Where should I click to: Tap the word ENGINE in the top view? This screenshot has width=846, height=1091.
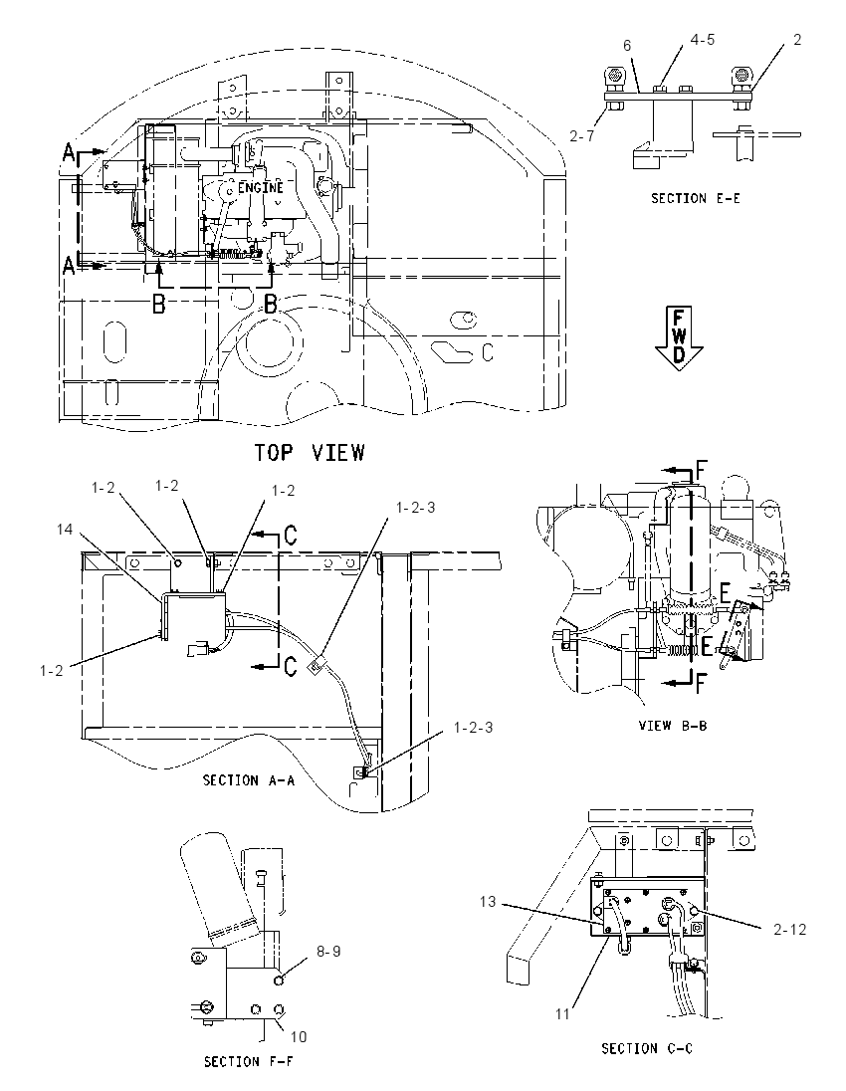[261, 188]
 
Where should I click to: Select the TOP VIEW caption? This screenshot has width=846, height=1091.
[309, 452]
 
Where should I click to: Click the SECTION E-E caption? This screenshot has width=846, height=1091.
[695, 198]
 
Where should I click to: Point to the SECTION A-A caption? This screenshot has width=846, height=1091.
[249, 780]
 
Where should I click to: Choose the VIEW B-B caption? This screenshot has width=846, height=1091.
[672, 725]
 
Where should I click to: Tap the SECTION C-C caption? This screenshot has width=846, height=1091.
[647, 1048]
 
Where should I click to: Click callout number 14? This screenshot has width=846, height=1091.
[65, 530]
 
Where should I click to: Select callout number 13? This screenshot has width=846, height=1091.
[488, 902]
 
